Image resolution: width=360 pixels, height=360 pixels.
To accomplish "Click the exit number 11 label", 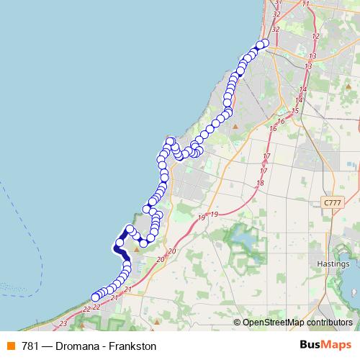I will coord(306,4).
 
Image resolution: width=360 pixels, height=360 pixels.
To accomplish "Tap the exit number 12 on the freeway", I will coord(315,36).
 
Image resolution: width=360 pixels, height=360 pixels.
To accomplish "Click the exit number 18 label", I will coord(260,183).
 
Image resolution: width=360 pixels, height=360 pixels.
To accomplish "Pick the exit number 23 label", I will coord(64,324).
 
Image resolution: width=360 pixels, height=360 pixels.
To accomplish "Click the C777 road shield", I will coord(332,204).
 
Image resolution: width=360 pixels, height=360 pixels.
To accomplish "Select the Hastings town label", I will coord(333,264).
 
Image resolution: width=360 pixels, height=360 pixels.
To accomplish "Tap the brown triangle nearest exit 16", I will coord(235,127).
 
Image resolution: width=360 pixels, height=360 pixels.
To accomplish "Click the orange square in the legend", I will coord(9,346).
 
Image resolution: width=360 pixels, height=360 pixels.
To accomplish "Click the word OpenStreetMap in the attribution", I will coord(272,323).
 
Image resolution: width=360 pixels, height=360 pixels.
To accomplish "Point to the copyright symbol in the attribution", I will coord(237,323).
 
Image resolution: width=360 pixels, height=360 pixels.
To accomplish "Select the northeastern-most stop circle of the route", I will coord(264,43).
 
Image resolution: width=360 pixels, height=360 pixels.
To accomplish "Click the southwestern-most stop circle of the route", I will coord(95,297).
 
